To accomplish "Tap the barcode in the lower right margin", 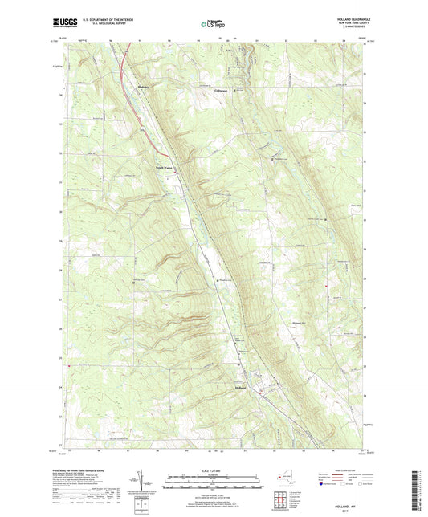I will point(420,482).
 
